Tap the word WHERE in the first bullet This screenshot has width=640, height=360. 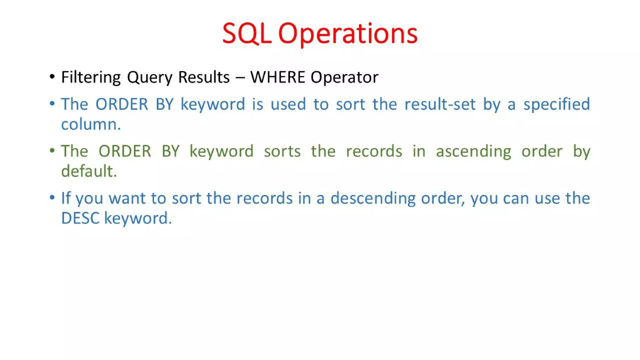click(277, 77)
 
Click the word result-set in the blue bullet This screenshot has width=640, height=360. click(440, 104)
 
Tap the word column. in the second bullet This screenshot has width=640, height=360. click(91, 124)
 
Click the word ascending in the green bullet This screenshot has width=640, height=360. click(473, 152)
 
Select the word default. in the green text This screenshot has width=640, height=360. click(89, 171)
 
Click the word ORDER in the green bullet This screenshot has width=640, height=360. click(125, 151)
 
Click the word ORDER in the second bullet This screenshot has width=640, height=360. click(122, 104)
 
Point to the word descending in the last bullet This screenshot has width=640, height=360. click(373, 198)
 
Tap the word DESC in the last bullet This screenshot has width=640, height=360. click(80, 218)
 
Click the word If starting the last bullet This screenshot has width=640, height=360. click(66, 198)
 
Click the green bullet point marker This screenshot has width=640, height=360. click(52, 151)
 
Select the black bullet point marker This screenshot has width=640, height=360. click(52, 77)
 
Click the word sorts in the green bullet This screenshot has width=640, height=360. click(282, 151)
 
